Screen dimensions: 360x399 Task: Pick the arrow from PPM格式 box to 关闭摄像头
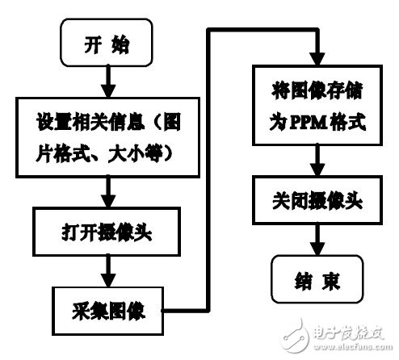312,165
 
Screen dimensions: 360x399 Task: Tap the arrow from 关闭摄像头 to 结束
312,240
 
